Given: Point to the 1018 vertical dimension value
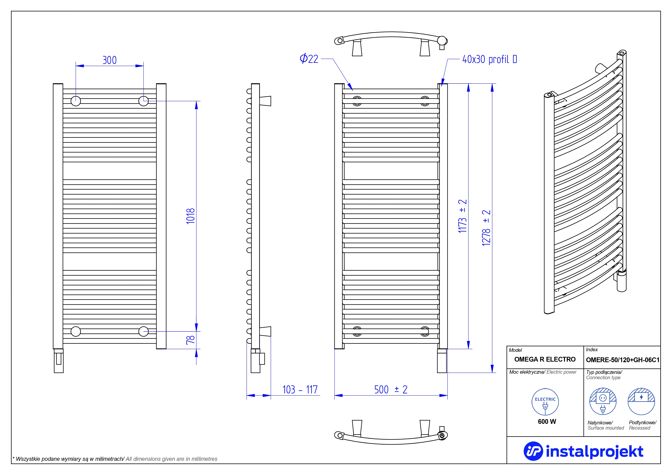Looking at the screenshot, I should pos(191,216).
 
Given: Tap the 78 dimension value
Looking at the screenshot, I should pos(191,340).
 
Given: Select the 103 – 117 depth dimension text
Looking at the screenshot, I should pos(300,390).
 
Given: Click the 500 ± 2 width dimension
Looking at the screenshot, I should pos(391,390).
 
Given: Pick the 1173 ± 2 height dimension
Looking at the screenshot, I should pos(462,216).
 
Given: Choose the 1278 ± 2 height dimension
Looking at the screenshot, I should pos(486,228).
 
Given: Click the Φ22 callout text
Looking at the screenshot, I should pos(309,59).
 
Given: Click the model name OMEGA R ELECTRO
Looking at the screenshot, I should pos(545,359).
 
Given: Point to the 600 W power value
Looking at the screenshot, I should pos(547,421).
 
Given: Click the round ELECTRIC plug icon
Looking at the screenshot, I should pos(545,402).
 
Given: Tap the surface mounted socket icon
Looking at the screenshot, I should pos(603,401).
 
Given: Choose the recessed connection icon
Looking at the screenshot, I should pos(641,401).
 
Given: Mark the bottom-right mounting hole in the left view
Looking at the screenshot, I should pos(143,332).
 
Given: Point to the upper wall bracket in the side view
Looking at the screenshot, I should pos(265,101).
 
